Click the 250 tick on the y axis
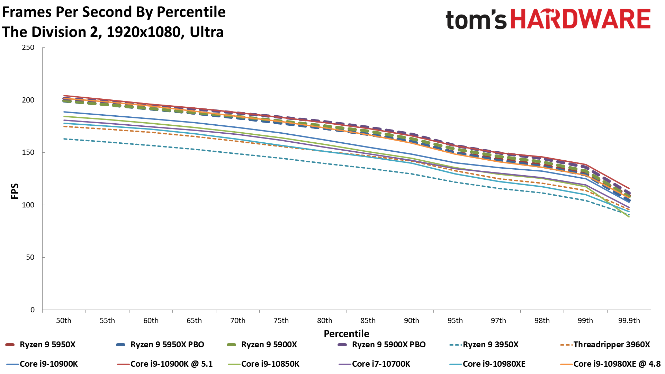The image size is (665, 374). click(x=28, y=47)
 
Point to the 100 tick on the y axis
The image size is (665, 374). click(x=28, y=205)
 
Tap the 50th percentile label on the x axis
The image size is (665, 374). click(x=64, y=321)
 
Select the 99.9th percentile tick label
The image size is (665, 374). click(x=629, y=321)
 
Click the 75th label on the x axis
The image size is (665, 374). click(x=281, y=321)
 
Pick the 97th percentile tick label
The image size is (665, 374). click(x=498, y=321)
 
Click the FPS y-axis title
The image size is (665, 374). click(x=15, y=191)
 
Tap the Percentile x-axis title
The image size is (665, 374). click(x=346, y=333)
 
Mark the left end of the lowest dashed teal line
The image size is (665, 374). click(x=64, y=139)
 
